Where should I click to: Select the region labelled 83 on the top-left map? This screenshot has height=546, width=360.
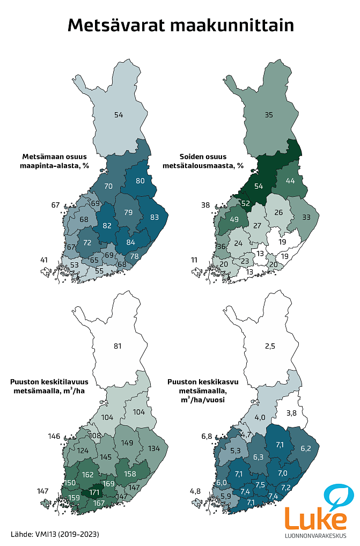(155, 217)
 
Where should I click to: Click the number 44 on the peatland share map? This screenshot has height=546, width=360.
(290, 181)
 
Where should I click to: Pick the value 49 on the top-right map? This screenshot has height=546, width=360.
(234, 220)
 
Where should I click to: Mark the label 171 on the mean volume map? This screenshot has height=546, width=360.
(94, 492)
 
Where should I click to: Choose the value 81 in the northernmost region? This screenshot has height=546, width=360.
(118, 346)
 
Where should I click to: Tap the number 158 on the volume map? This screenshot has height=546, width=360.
(130, 474)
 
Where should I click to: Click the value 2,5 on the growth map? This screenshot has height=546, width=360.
(269, 346)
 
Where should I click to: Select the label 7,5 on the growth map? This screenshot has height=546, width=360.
(260, 484)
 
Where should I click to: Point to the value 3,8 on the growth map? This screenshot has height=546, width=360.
(291, 412)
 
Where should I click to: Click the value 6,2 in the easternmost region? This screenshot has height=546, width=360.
(306, 448)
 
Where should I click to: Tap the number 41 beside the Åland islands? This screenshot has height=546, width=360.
(45, 260)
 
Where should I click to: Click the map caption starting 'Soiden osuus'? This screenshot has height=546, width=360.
(203, 161)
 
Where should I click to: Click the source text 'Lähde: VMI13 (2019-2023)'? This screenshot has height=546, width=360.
(55, 534)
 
